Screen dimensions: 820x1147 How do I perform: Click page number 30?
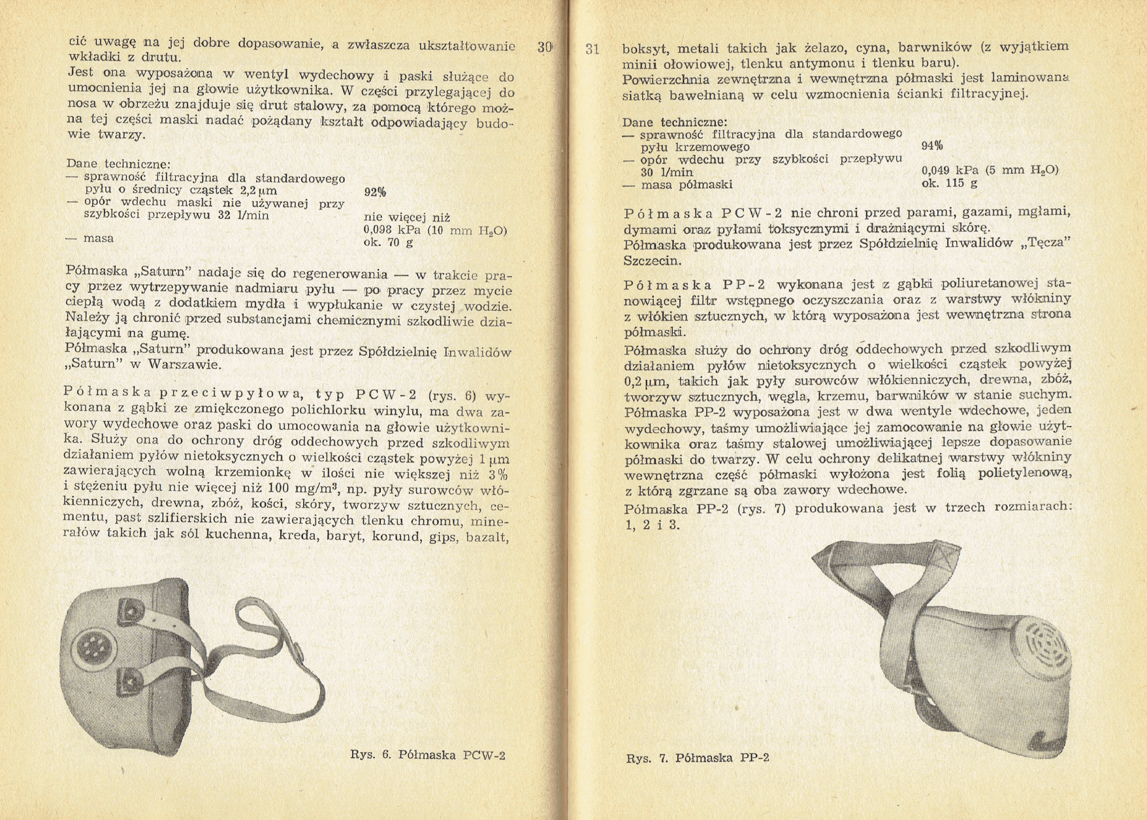544,47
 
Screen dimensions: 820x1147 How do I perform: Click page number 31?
592,49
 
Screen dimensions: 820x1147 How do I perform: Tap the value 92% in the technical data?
374,192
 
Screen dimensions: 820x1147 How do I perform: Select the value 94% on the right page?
931,146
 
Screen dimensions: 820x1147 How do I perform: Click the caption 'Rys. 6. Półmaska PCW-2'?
428,755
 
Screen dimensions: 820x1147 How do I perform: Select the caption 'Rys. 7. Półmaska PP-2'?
697,758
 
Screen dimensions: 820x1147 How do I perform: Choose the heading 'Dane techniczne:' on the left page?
119,164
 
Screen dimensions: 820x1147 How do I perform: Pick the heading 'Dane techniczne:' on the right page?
675,122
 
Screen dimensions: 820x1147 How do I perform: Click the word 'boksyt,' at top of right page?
645,48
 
